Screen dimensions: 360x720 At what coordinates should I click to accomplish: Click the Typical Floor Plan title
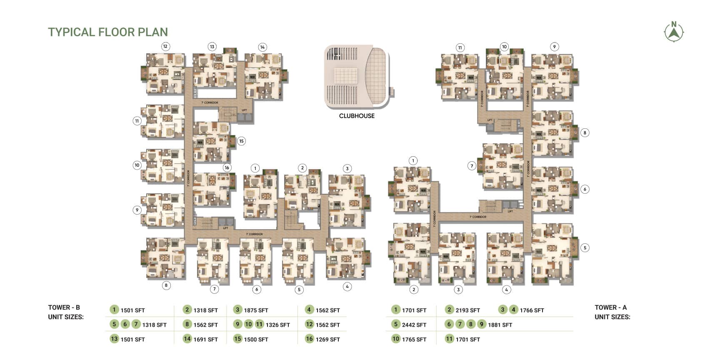click(108, 32)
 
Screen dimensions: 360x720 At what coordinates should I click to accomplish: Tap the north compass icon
click(674, 32)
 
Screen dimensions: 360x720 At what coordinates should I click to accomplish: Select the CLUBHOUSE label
click(357, 116)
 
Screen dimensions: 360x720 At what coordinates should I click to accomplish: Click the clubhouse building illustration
click(357, 77)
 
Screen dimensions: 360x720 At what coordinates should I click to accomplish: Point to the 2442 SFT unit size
click(414, 325)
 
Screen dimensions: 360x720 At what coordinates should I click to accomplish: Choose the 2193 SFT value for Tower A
click(467, 310)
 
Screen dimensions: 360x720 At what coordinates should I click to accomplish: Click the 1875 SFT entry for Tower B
click(256, 310)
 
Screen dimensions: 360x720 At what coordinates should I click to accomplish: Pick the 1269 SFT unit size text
click(327, 340)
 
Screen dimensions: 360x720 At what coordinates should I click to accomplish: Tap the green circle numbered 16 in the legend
click(309, 339)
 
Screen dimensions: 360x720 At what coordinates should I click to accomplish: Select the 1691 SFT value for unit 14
click(205, 340)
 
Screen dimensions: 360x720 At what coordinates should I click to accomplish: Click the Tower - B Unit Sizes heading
click(66, 312)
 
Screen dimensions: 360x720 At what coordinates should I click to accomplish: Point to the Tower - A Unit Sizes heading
click(612, 312)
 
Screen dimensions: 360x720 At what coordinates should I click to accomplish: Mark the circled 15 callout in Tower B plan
click(241, 141)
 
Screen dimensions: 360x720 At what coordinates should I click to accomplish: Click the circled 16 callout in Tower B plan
click(227, 167)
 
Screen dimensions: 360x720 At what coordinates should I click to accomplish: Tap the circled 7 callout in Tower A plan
click(472, 166)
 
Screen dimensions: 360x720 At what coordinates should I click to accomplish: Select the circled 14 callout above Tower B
click(262, 47)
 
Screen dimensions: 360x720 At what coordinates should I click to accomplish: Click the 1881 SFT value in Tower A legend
click(500, 325)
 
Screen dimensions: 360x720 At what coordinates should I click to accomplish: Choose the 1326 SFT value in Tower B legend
click(277, 325)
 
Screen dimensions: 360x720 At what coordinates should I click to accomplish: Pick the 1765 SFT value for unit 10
click(414, 340)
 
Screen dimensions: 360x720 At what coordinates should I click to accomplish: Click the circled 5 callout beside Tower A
click(585, 247)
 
